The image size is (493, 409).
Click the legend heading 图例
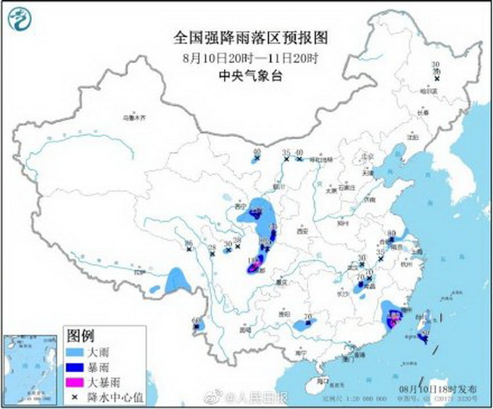pos(80,336)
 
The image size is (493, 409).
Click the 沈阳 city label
pos(413,136)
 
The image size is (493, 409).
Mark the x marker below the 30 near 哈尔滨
pos(436,78)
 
